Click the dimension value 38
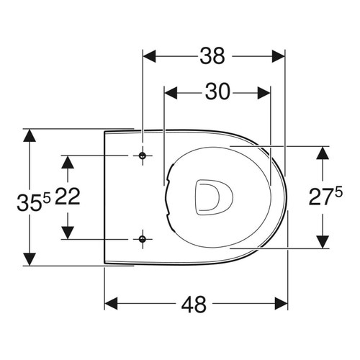(x=214, y=55)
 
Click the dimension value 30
(x=217, y=91)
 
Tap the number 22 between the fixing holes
(x=67, y=197)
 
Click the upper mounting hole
(x=143, y=156)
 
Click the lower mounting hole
(x=143, y=238)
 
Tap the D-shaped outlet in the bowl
(x=212, y=197)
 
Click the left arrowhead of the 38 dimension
(x=148, y=56)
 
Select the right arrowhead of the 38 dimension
(x=281, y=56)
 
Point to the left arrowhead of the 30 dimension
(x=170, y=92)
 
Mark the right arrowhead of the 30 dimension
(x=264, y=92)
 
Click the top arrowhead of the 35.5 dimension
(x=29, y=135)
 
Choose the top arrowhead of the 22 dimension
(x=68, y=161)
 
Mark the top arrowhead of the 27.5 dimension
(x=321, y=151)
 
